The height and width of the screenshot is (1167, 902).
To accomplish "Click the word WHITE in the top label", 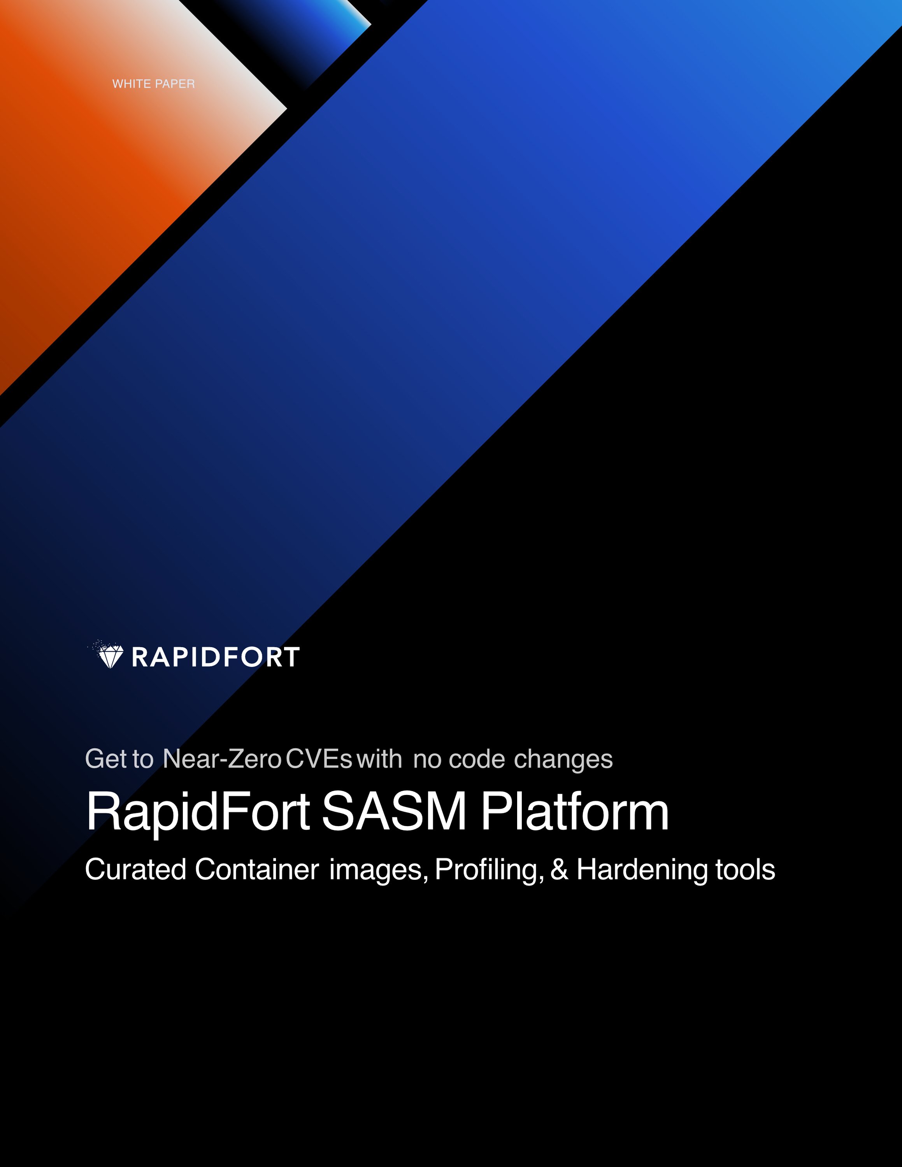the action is coord(132,84).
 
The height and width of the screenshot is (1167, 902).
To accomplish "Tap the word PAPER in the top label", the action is coord(175,84).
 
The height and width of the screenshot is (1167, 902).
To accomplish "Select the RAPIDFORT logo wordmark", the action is coord(215,657).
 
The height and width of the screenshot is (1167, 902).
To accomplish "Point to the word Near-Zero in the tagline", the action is coord(222,759).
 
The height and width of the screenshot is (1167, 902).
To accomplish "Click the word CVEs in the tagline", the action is coord(319,759).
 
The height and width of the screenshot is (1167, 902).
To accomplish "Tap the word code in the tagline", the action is coord(477,759).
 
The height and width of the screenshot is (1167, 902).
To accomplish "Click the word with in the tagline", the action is coord(379,759).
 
